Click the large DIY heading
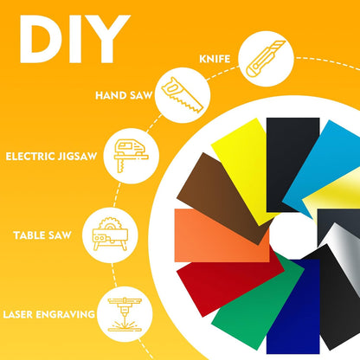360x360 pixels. click(x=74, y=39)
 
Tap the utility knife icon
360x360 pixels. click(x=266, y=59)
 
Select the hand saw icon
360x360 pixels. click(x=183, y=95)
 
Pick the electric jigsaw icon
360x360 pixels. click(x=131, y=156)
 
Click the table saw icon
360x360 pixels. click(x=110, y=235)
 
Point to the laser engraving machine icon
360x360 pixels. click(x=125, y=315)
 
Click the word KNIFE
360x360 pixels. click(x=215, y=59)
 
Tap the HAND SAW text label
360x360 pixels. click(x=124, y=95)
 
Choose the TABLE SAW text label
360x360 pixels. click(x=42, y=235)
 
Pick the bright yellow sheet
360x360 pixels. click(x=245, y=170)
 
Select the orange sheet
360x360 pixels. click(x=222, y=235)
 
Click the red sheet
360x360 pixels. click(x=228, y=286)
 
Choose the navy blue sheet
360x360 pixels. click(x=292, y=306)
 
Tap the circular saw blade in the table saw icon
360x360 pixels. click(x=110, y=223)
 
